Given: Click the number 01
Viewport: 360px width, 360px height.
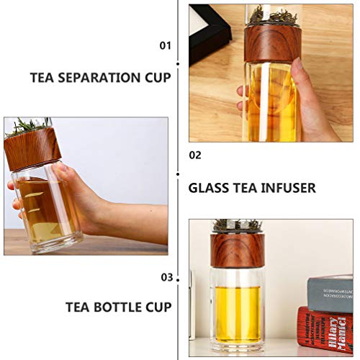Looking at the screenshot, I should click(166, 45).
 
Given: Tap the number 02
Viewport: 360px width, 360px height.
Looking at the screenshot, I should click(195, 154).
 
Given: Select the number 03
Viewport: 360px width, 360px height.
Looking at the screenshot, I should click(166, 276).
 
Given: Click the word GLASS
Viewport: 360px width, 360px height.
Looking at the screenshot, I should click(210, 188).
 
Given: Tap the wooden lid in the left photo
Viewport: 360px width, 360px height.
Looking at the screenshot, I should click(33, 148).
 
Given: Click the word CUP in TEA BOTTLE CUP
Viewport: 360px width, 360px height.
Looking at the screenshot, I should click(158, 307).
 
